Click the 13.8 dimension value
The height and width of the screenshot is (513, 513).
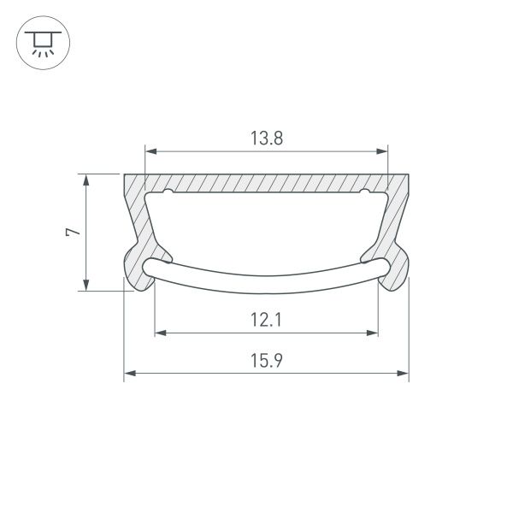(x=266, y=139)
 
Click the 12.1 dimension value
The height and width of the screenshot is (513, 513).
(x=266, y=321)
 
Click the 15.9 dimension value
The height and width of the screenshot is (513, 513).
(x=266, y=362)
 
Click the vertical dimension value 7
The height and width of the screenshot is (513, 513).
(x=74, y=232)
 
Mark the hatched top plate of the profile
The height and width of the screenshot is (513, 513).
(x=266, y=183)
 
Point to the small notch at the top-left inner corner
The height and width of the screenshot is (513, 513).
(x=168, y=192)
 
